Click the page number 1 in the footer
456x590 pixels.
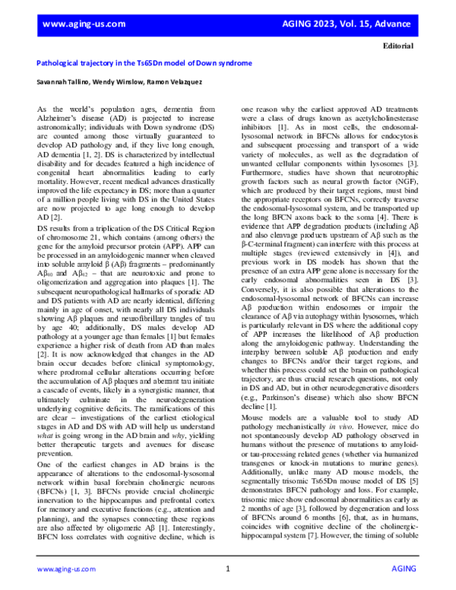click(x=228, y=568)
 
